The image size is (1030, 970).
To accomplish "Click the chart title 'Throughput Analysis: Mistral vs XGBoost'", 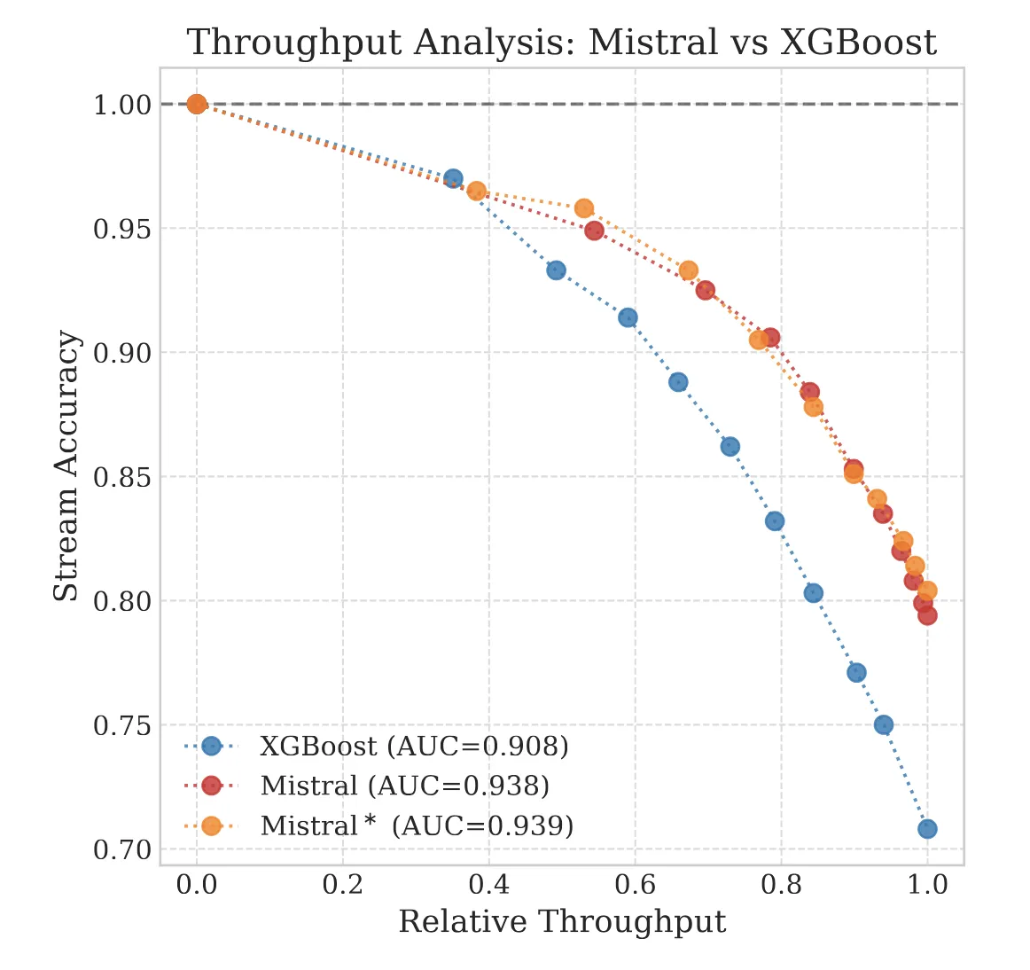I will tap(561, 43).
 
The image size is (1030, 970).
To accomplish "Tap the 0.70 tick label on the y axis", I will tap(123, 849).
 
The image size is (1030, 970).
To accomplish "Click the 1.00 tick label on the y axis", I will tap(123, 105).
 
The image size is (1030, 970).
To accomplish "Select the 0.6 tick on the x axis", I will tap(635, 885).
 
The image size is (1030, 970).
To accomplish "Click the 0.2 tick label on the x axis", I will tap(342, 885).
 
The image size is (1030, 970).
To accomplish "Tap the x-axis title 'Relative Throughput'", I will tap(562, 922).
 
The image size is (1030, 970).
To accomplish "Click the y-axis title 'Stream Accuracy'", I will tap(66, 466).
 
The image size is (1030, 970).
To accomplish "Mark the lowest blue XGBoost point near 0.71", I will tap(927, 829).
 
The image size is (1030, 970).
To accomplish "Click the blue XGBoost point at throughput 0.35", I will tap(453, 178).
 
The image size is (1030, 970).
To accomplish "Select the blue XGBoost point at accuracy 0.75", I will tap(884, 724).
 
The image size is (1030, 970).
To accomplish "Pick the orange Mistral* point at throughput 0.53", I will tap(584, 208).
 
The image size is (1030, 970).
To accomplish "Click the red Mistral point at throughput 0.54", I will tap(594, 231).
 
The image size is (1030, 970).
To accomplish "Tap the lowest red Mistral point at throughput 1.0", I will tap(927, 615).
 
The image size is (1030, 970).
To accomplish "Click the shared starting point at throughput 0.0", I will tap(197, 104).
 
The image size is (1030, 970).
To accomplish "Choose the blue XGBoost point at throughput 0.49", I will tap(556, 270).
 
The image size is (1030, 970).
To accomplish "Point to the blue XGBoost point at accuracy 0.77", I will tap(856, 672).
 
